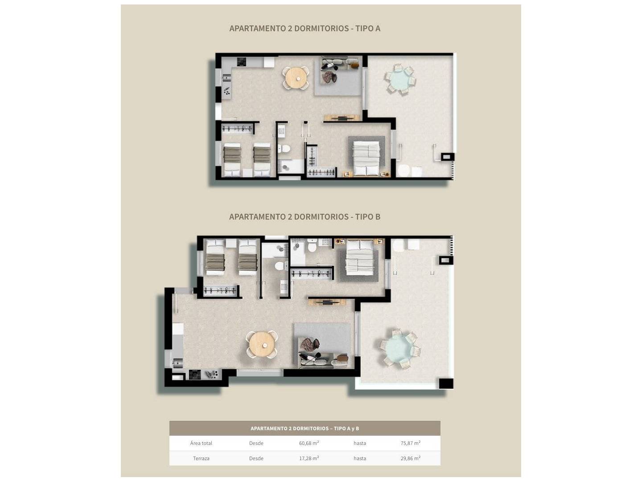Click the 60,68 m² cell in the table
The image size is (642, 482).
click(x=309, y=443)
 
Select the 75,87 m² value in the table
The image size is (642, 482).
click(x=410, y=443)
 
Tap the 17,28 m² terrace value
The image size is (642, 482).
click(x=309, y=458)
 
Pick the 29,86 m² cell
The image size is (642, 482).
click(x=410, y=458)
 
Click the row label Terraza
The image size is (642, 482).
click(x=201, y=458)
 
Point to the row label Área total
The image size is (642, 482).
click(x=201, y=443)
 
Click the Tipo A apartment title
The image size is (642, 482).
click(x=305, y=29)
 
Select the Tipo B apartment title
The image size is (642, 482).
click(x=305, y=217)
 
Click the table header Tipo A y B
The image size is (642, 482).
click(x=305, y=428)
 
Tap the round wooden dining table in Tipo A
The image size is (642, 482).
click(x=296, y=78)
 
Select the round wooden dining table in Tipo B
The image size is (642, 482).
click(x=262, y=345)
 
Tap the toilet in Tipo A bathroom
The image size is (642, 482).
click(x=284, y=149)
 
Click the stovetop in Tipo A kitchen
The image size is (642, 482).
click(x=242, y=62)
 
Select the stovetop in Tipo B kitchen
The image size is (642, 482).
click(x=195, y=375)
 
